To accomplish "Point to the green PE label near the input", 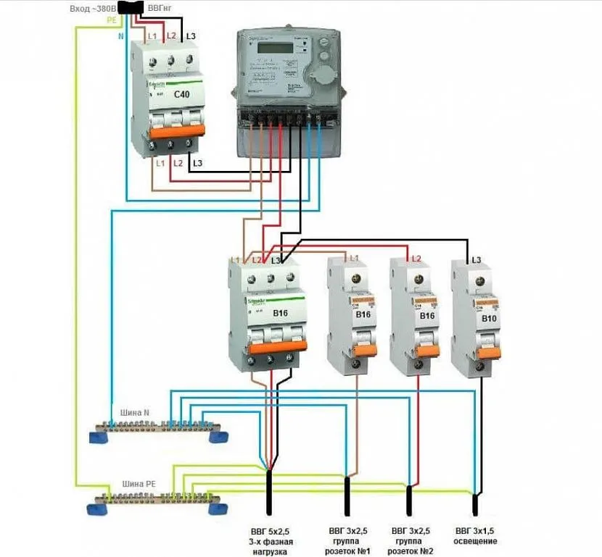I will [x=112, y=20].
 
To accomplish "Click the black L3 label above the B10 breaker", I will [x=477, y=259].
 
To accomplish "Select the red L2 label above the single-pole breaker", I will [x=416, y=259].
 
